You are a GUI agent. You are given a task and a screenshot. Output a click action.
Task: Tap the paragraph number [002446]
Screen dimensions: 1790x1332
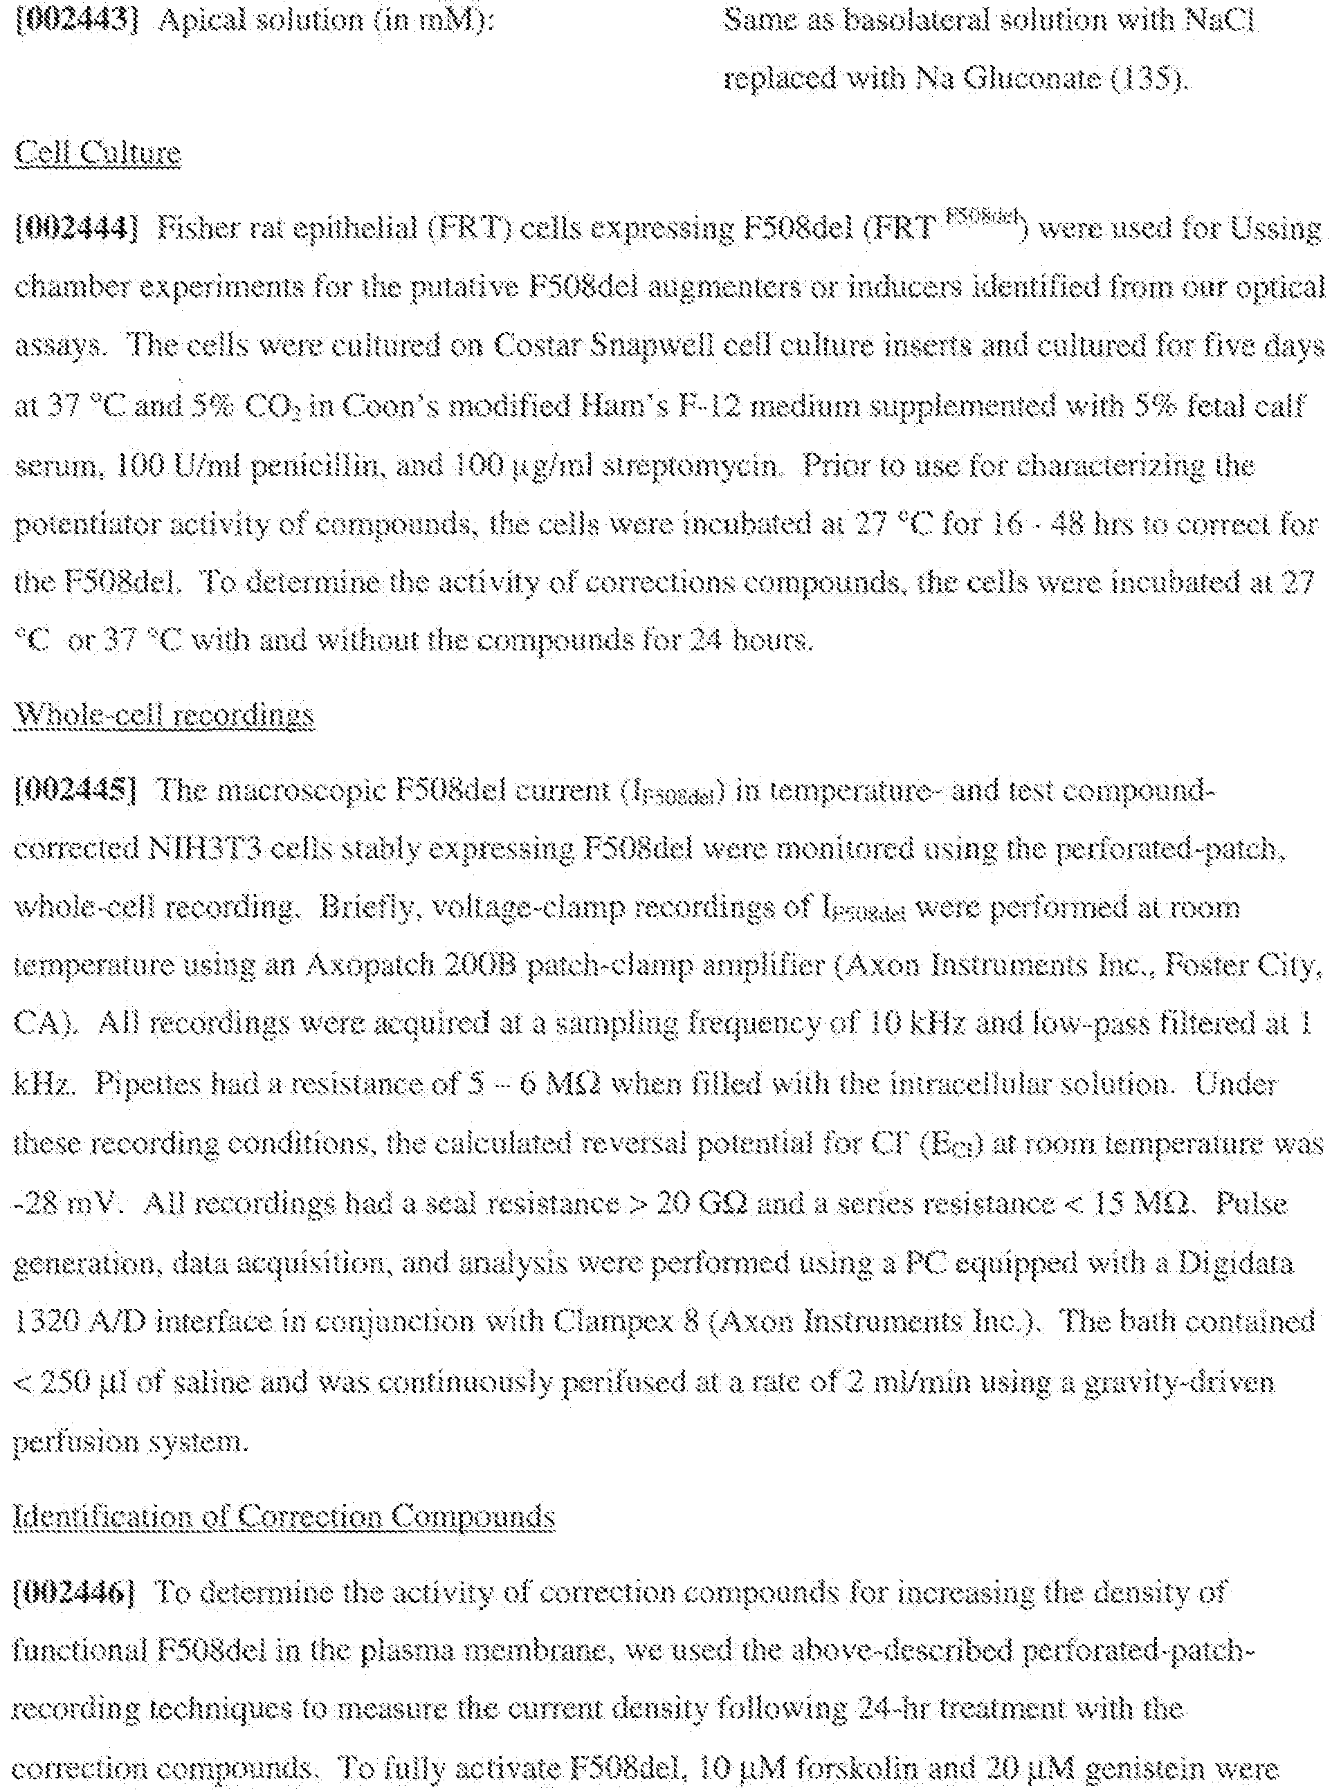pos(77,1592)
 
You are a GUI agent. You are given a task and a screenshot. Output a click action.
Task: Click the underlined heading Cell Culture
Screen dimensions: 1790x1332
pos(98,153)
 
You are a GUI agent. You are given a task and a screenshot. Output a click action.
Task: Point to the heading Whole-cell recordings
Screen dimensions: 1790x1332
pos(165,714)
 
